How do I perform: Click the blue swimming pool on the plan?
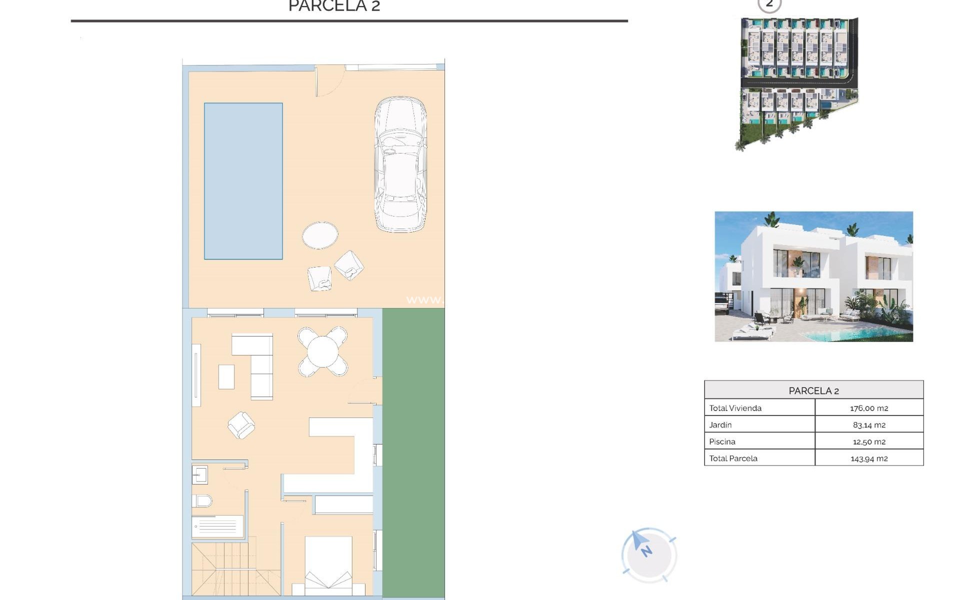pos(243,181)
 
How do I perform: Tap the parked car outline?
pos(400,165)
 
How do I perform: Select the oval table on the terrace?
pos(320,235)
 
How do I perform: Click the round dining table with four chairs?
pos(323,351)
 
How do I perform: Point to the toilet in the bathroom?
pos(202,500)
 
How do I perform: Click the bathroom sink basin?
pos(200,474)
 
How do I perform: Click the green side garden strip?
pos(413,450)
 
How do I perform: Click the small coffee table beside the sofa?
pos(226,377)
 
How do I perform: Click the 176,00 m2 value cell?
pos(869,408)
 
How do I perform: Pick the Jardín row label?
pos(720,425)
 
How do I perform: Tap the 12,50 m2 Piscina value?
pos(869,442)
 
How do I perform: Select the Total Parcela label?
pos(733,458)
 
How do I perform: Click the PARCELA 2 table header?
pos(813,390)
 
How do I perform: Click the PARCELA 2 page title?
pos(334,6)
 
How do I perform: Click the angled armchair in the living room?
pos(241,425)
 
